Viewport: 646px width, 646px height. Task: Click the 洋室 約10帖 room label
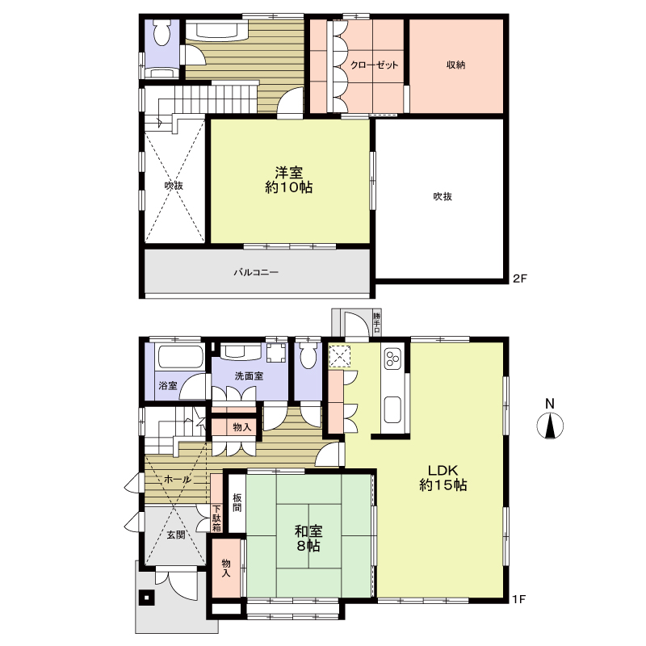coord(289,180)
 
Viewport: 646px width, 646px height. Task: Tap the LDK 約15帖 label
coord(443,477)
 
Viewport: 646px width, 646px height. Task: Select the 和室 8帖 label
coord(308,539)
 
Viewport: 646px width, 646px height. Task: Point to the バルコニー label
coord(256,272)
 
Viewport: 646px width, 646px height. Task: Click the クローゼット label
coord(375,65)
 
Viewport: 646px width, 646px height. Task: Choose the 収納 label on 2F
coord(456,65)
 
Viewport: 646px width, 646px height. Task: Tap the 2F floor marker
coord(520,279)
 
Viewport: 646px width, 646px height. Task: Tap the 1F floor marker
coord(519,598)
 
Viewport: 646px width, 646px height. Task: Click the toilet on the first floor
coord(308,356)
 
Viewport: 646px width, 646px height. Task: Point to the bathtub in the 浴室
coord(180,356)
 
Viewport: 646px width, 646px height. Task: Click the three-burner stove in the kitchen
coord(392,359)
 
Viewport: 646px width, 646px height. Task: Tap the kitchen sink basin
coord(392,409)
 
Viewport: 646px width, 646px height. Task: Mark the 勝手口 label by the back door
coord(376,322)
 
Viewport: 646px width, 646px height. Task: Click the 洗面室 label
coord(249,376)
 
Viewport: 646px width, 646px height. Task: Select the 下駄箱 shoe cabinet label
coord(216,518)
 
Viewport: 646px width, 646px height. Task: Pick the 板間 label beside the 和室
coord(237,502)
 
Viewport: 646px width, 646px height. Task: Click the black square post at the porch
coord(146,597)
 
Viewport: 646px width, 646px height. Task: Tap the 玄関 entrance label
coord(176,535)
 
